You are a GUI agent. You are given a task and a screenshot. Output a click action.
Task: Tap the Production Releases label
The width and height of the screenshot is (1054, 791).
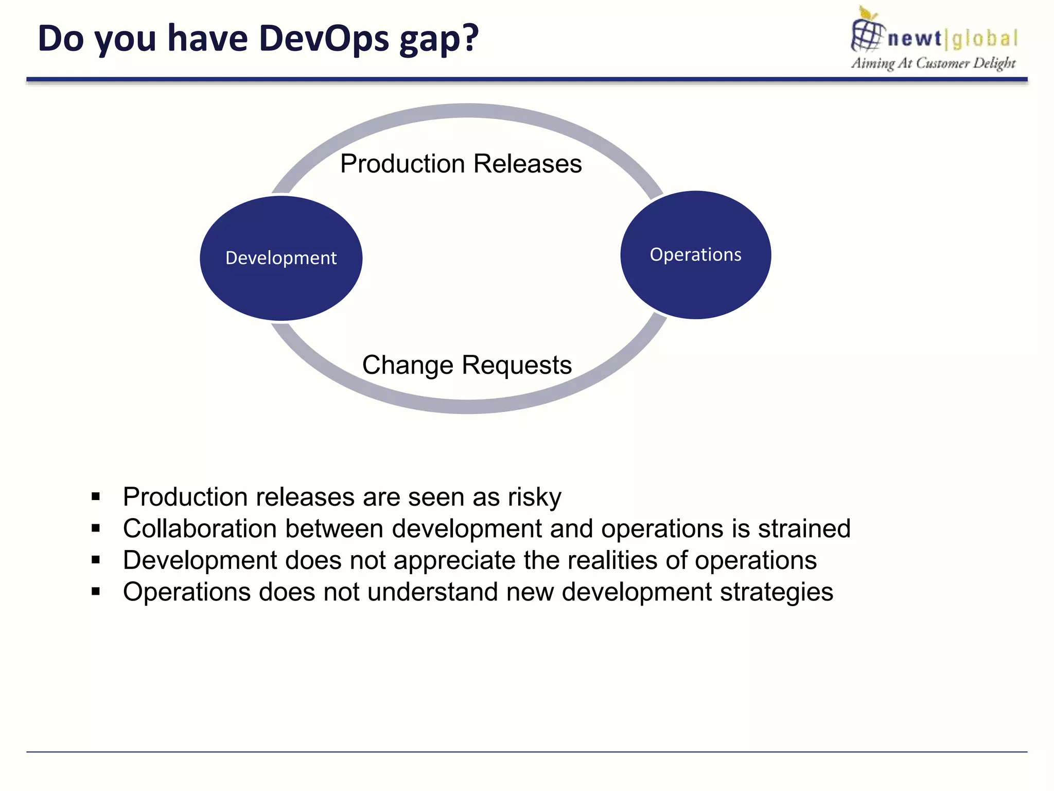(x=461, y=164)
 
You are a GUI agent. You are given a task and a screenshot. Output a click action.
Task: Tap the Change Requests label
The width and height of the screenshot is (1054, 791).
(x=467, y=365)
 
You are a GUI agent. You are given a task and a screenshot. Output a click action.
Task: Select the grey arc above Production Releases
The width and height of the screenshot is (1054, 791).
(x=467, y=111)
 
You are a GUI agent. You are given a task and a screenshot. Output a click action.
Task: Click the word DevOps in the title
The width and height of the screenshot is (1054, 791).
(x=324, y=39)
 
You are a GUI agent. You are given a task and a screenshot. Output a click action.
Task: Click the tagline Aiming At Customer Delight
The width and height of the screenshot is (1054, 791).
(x=933, y=63)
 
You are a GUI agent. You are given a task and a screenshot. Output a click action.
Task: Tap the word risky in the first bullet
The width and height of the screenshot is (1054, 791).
(x=534, y=497)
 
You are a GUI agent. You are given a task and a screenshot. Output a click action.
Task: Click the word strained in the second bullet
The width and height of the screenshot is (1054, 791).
(x=804, y=529)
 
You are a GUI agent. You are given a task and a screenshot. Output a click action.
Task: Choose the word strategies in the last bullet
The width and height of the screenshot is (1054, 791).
(x=776, y=592)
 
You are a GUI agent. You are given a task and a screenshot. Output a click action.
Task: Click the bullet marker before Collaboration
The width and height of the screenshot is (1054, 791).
(x=96, y=528)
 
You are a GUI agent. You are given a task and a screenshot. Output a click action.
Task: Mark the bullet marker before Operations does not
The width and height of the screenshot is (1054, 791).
(x=96, y=592)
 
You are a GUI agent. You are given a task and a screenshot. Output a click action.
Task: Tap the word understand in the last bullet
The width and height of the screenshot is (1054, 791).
(x=432, y=592)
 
